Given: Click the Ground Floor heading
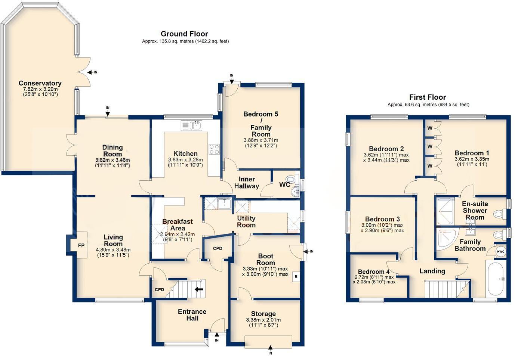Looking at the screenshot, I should tap(184, 34).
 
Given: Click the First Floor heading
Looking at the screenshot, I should tap(428, 97).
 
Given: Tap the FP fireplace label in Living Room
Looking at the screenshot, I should tap(81, 245).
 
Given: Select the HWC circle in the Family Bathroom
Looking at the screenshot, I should tap(501, 252).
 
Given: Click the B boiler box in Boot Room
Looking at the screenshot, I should tap(296, 277).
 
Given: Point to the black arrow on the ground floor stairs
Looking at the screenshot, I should tap(199, 289).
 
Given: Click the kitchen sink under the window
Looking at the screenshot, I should tap(192, 125).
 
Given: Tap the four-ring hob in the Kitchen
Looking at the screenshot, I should tap(214, 149).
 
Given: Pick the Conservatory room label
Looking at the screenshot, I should tap(40, 83).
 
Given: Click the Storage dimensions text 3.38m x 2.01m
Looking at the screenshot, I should tap(263, 320).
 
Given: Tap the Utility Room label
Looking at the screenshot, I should tap(246, 221).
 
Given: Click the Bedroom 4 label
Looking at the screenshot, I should tap(374, 272).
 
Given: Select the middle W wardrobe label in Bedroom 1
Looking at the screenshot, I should tap(430, 146).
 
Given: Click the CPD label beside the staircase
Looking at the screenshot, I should tap(160, 289).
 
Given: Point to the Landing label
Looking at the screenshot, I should tap(432, 271).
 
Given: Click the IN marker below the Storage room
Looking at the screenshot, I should tap(270, 353).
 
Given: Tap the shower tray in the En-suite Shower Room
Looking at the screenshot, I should tap(444, 211).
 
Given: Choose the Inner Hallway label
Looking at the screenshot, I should tap(247, 183).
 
